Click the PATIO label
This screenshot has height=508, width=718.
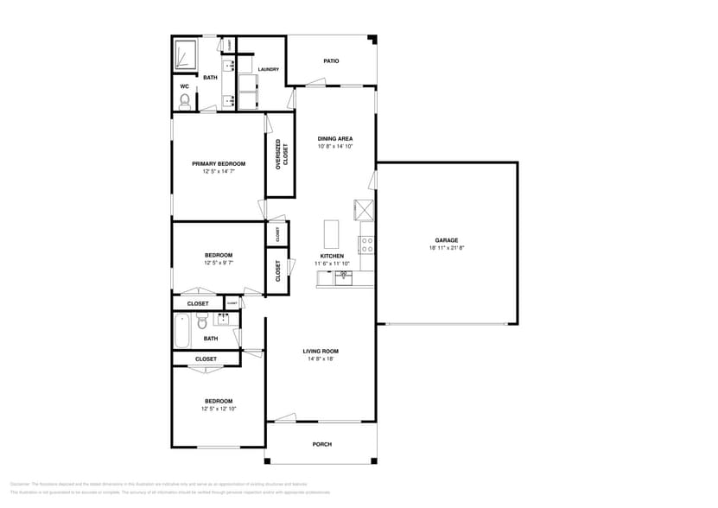(331, 61)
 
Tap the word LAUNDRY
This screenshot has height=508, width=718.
(268, 69)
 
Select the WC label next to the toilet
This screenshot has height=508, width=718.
(184, 86)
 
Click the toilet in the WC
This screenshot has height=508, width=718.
(184, 101)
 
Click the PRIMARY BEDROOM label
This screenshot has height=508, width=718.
(219, 163)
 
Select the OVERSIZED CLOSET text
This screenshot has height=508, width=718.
(281, 155)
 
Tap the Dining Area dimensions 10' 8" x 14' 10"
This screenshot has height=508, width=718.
(334, 146)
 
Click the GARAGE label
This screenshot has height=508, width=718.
(446, 240)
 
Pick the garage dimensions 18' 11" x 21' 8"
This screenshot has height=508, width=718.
(446, 248)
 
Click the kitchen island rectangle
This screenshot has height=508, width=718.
(332, 234)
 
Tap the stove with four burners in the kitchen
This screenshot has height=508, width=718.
(366, 244)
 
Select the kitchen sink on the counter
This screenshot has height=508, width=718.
(344, 277)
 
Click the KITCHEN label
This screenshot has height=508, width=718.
(332, 256)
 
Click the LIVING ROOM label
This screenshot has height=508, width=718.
(320, 351)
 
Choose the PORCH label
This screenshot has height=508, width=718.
(321, 444)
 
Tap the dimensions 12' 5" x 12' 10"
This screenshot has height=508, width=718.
(219, 409)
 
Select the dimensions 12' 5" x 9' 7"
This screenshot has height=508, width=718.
(219, 263)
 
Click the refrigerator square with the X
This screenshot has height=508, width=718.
(363, 209)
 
